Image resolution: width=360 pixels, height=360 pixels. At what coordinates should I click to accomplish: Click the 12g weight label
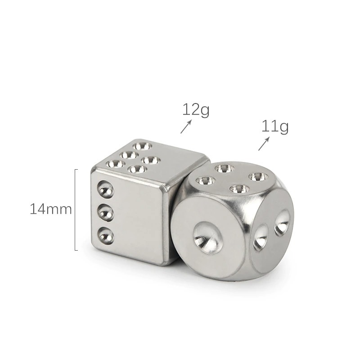point(196,110)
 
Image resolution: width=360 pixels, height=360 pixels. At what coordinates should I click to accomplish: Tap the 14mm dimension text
point(51,209)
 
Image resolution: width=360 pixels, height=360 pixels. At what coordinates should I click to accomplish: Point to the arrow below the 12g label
point(186,126)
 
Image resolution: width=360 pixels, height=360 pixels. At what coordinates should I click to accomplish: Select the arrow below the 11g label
point(264,144)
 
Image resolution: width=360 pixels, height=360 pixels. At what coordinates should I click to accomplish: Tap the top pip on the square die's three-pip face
point(106,189)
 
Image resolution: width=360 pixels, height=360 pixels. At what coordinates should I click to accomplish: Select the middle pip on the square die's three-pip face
point(106,213)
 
